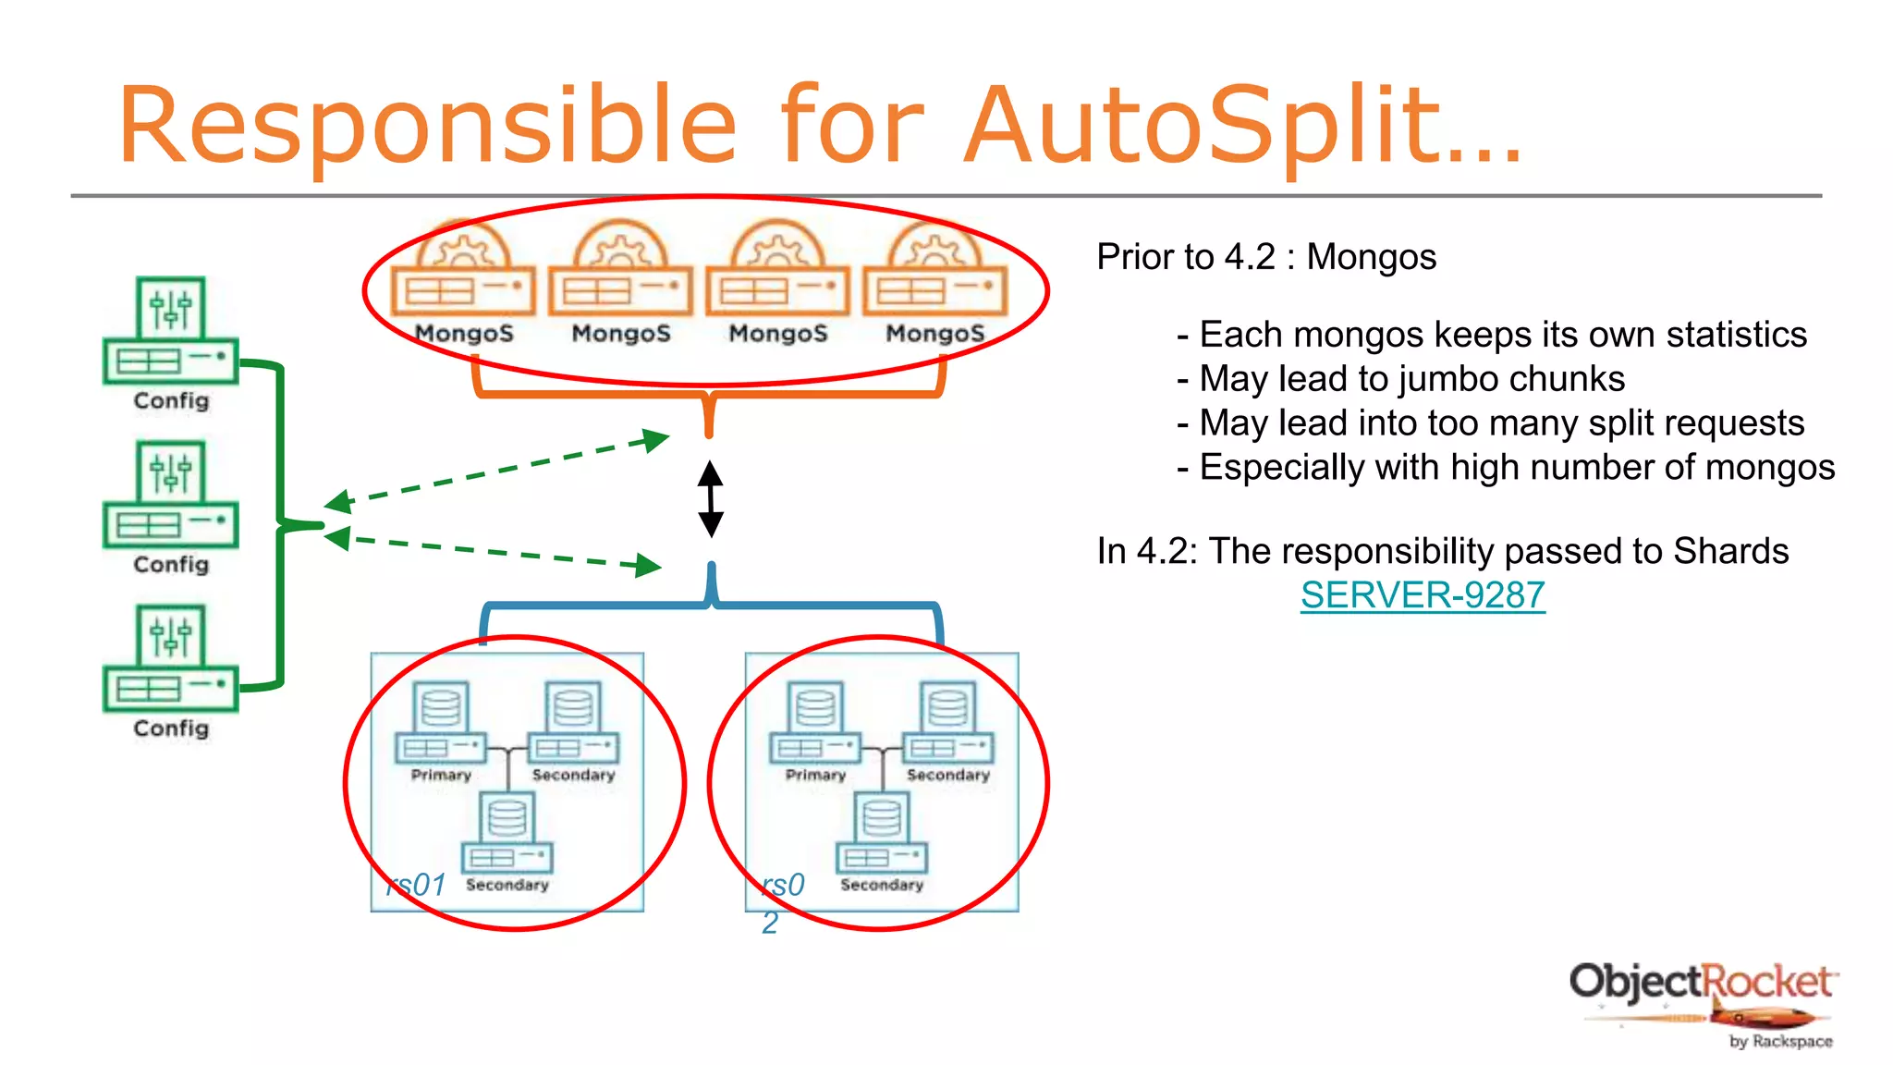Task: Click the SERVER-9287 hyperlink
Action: pos(1422,595)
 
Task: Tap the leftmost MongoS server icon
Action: pos(463,273)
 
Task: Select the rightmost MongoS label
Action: pos(934,334)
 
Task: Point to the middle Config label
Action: pos(171,565)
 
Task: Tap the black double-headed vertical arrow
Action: pos(710,500)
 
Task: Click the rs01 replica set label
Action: pos(417,886)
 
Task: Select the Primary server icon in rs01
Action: pos(441,722)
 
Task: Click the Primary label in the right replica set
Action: pos(815,775)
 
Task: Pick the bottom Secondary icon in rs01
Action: pos(507,832)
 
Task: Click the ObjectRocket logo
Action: pos(1702,983)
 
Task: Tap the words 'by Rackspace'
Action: pos(1780,1042)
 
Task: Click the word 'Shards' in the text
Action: pos(1730,551)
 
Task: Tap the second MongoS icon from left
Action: pos(620,273)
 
